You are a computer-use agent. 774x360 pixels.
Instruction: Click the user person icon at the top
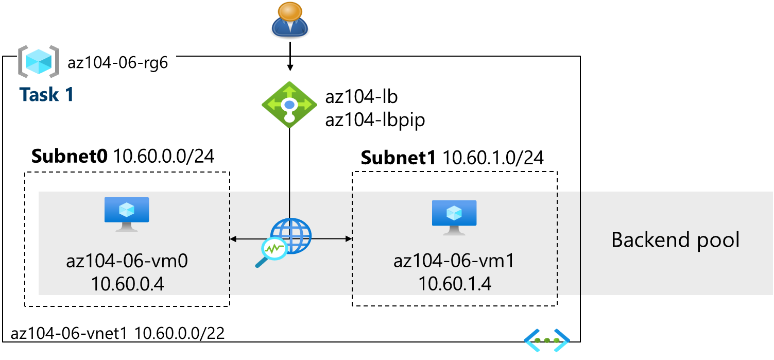tap(290, 20)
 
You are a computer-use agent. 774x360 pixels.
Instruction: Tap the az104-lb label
tap(361, 97)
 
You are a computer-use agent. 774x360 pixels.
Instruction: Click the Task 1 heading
tap(46, 94)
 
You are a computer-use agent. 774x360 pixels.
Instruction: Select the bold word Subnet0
tap(70, 156)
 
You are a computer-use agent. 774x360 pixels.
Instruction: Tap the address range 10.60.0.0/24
tap(164, 156)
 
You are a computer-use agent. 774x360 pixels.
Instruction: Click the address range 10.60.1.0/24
tap(493, 158)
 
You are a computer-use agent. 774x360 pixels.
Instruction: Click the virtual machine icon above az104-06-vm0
tap(127, 213)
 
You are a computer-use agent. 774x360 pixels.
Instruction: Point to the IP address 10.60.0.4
tap(127, 284)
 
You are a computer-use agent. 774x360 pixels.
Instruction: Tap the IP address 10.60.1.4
tap(454, 284)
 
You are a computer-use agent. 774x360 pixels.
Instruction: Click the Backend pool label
tap(675, 240)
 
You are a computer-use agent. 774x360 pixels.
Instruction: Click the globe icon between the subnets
tap(292, 236)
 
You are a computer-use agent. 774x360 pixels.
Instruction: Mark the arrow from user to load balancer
tap(290, 57)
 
